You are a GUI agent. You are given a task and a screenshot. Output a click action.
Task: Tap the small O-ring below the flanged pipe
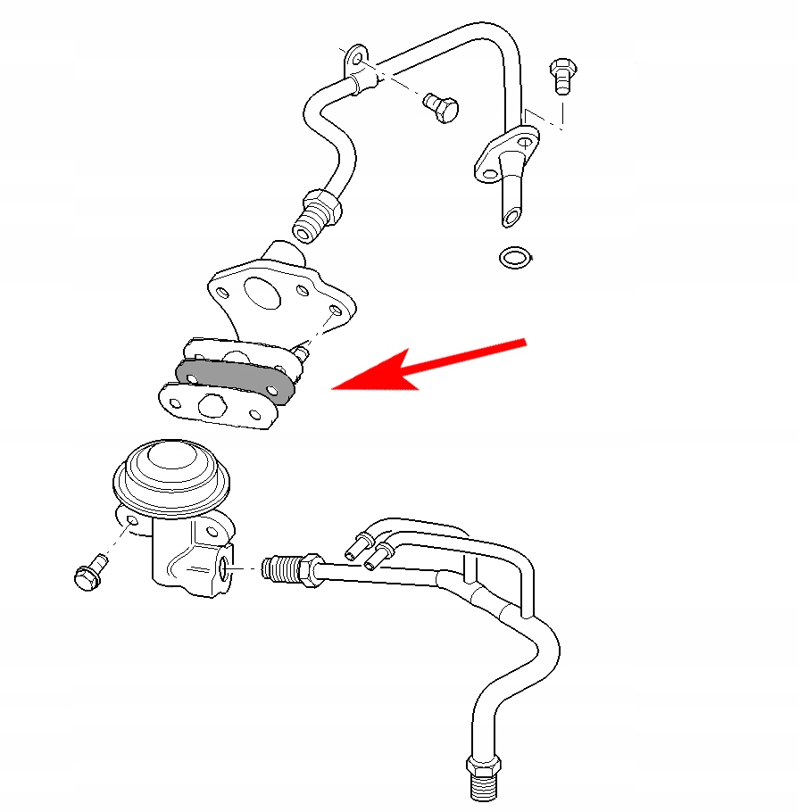coord(514,258)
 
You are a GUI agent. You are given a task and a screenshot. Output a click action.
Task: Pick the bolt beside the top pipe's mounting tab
coord(441,108)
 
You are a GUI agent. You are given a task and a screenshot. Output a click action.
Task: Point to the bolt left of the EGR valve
coord(87,571)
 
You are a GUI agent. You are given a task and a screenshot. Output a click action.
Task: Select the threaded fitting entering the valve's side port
coord(286,568)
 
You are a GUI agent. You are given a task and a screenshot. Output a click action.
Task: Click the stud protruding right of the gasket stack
coord(303,354)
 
